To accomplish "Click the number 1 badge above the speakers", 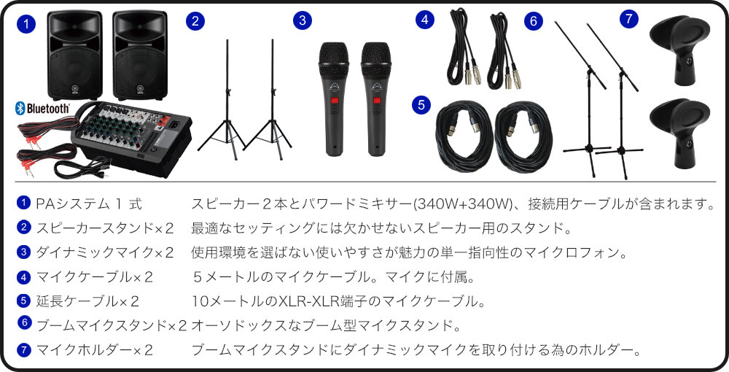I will pos(26,23).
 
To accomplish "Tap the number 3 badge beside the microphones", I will pos(302,20).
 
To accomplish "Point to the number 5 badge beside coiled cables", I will pos(421,105).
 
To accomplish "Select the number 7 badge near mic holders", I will pos(628,20).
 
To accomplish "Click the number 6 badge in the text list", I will pos(25,322).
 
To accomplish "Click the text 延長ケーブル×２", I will pos(87,301).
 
